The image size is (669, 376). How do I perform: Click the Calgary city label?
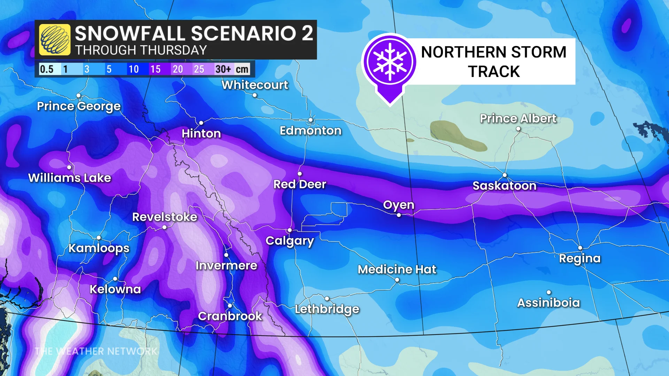tap(290, 241)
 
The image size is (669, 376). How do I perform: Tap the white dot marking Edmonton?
tap(310, 120)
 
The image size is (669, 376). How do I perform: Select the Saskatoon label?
tap(504, 186)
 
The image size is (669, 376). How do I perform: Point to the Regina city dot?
tap(580, 248)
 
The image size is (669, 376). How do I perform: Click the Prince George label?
tap(79, 106)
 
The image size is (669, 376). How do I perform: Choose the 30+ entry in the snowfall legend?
tap(223, 69)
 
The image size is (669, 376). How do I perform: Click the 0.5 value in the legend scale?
tap(47, 69)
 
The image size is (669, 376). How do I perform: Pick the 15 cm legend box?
tap(155, 69)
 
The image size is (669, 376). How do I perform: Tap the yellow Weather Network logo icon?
tap(55, 40)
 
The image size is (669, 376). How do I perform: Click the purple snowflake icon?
tap(390, 61)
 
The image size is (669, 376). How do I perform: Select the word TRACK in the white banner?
tap(494, 72)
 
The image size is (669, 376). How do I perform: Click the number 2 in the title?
tap(307, 33)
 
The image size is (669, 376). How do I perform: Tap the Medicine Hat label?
tap(397, 269)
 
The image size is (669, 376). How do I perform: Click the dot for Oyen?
tap(399, 215)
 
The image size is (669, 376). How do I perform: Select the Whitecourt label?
tap(255, 85)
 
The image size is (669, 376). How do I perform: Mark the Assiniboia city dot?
tap(549, 292)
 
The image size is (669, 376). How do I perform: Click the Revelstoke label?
tap(164, 217)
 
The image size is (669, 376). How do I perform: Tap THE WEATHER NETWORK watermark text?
tap(96, 351)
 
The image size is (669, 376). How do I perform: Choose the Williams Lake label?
tap(69, 178)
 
